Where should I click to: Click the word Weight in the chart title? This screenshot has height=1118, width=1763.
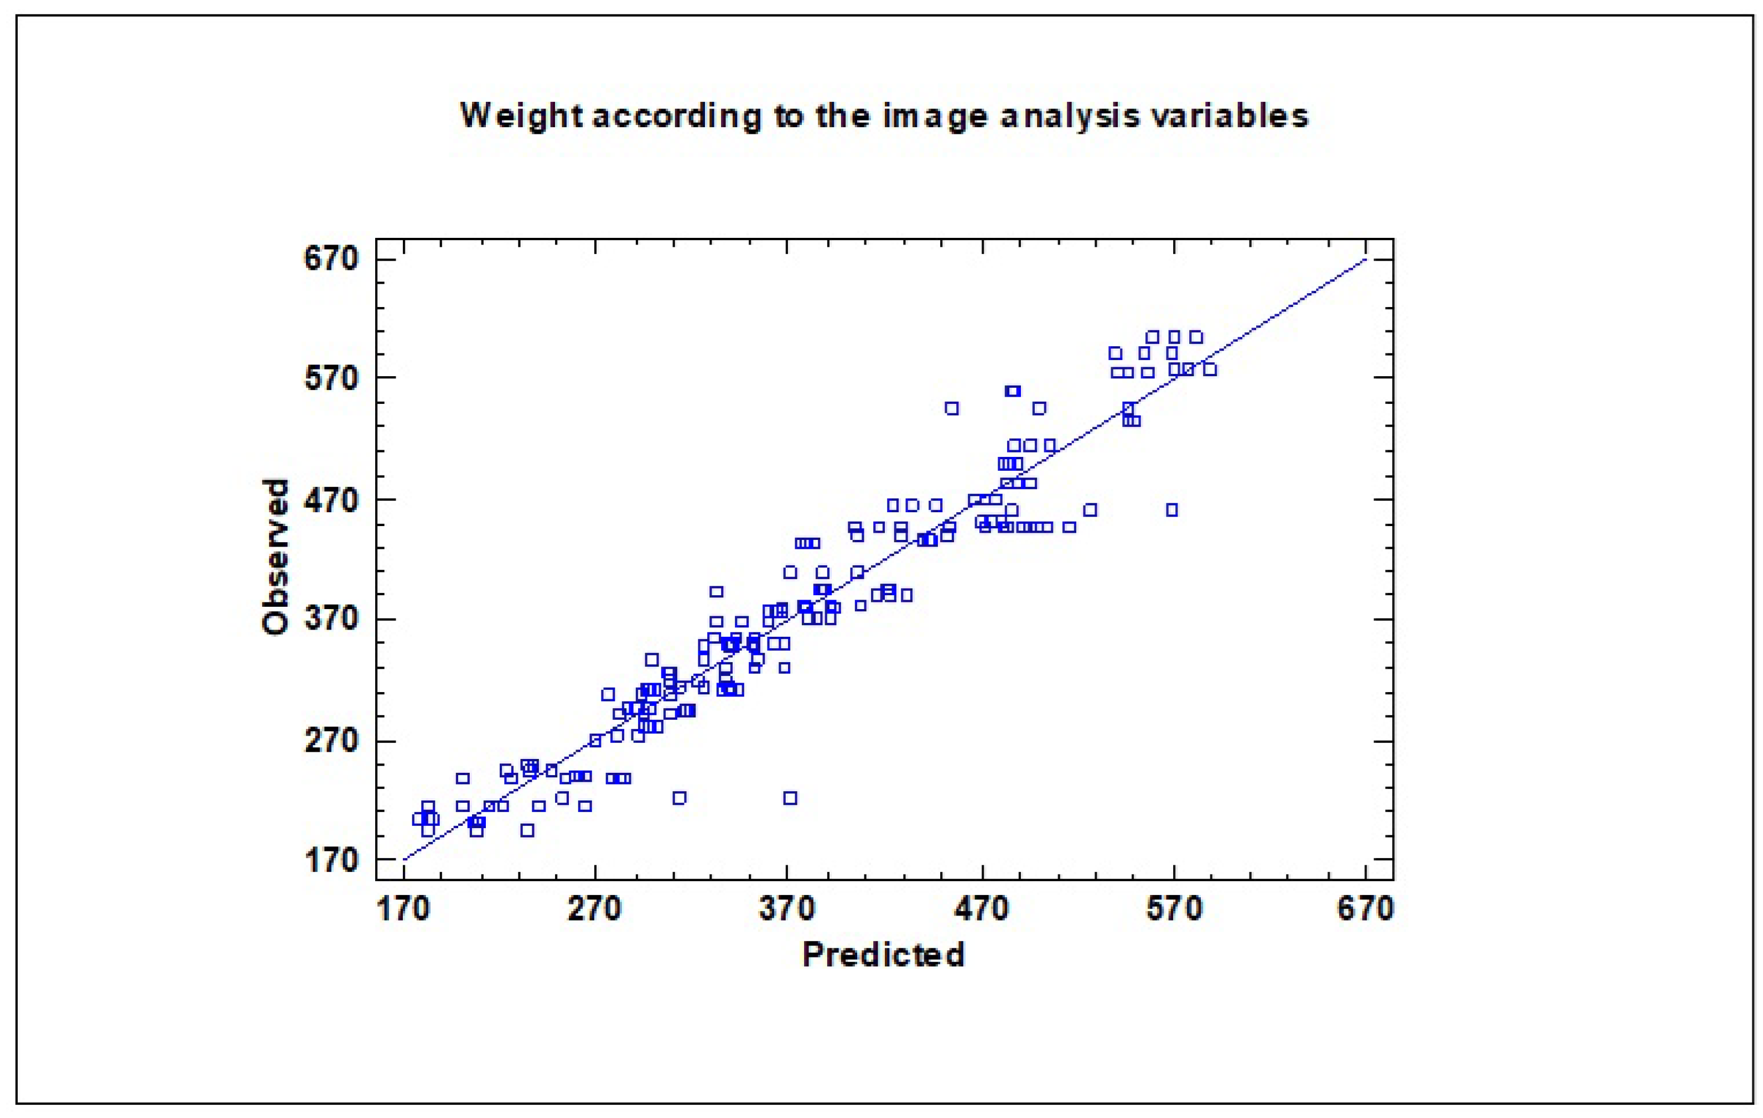(x=521, y=116)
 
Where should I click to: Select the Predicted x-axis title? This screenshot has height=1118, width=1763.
(x=883, y=955)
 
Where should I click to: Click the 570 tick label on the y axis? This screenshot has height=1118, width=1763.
(x=331, y=378)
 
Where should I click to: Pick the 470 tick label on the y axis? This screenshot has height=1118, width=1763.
(x=331, y=500)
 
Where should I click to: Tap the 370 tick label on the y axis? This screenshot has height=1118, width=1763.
(x=331, y=618)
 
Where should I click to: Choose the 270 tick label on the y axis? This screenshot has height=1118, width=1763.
(x=331, y=741)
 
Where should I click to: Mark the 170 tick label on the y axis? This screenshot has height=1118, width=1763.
(x=331, y=860)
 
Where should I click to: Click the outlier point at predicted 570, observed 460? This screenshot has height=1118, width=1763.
(x=1172, y=509)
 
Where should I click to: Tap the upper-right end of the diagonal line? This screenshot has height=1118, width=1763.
(x=1365, y=259)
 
